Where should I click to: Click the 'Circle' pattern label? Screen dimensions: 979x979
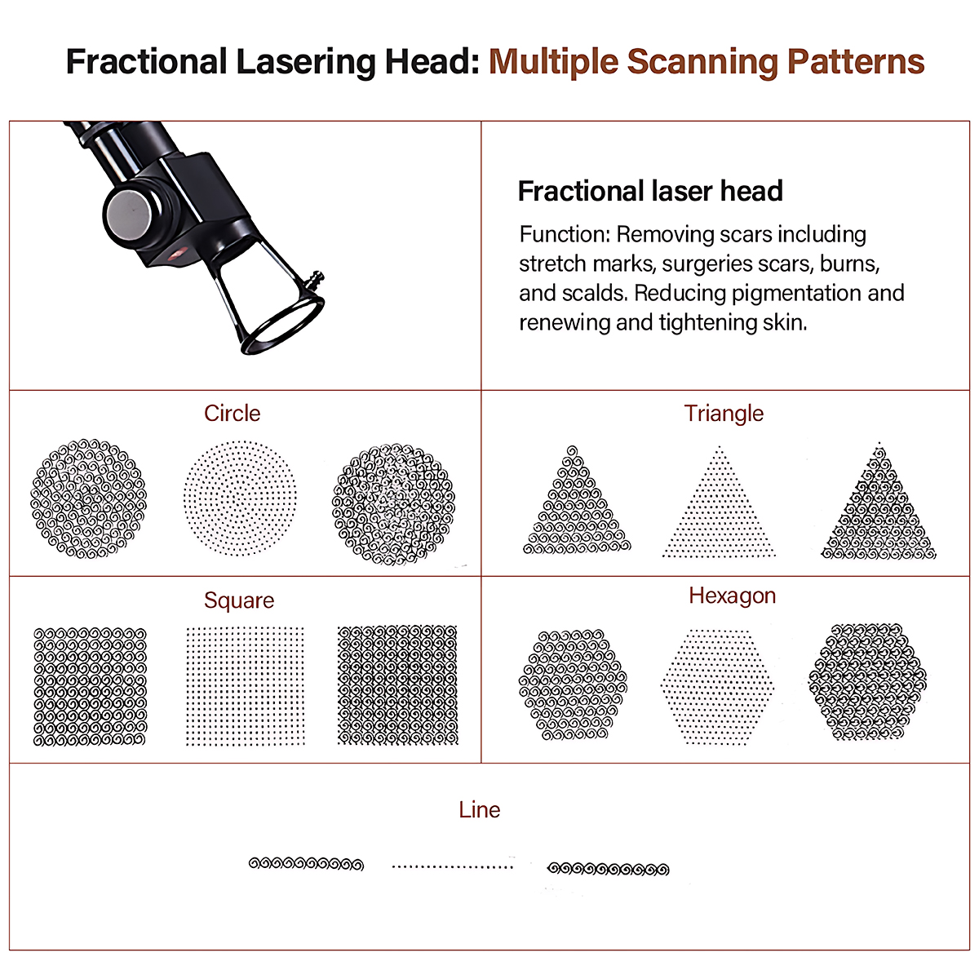233,414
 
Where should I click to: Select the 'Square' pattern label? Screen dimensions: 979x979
239,600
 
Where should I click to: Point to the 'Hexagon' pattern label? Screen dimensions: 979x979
732,596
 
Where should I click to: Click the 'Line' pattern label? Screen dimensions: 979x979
479,810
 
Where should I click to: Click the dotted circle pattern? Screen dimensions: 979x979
239,498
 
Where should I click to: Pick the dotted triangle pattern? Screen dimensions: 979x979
719,502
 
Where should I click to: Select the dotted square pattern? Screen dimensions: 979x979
246,687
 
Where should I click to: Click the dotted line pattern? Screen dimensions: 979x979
452,866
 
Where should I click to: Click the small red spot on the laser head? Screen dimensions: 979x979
175,252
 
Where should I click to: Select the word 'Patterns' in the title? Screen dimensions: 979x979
856,62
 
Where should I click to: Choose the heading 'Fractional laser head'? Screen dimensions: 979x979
650,192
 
